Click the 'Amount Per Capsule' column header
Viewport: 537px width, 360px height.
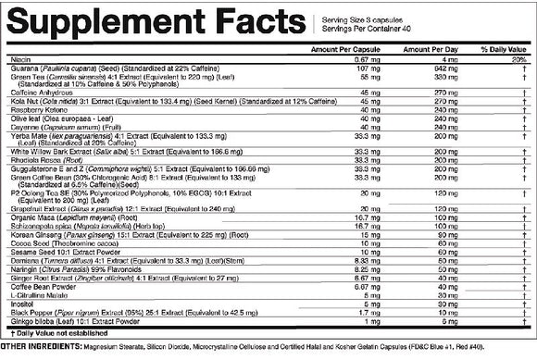pos(342,48)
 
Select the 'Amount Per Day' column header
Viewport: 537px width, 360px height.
pos(431,48)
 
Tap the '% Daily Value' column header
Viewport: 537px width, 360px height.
pos(503,48)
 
